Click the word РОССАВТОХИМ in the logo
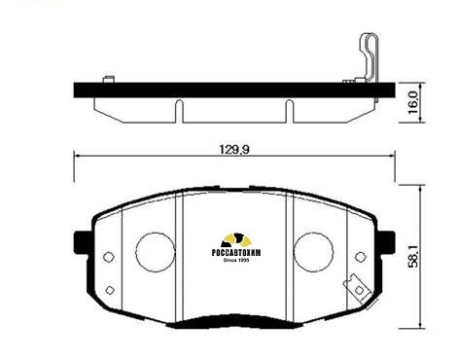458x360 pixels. (237, 252)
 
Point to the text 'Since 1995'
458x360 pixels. (237, 261)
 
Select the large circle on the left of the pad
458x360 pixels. (154, 250)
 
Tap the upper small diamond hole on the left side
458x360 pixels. (107, 258)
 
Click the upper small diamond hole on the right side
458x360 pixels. (362, 258)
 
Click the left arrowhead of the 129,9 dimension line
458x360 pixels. (79, 156)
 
